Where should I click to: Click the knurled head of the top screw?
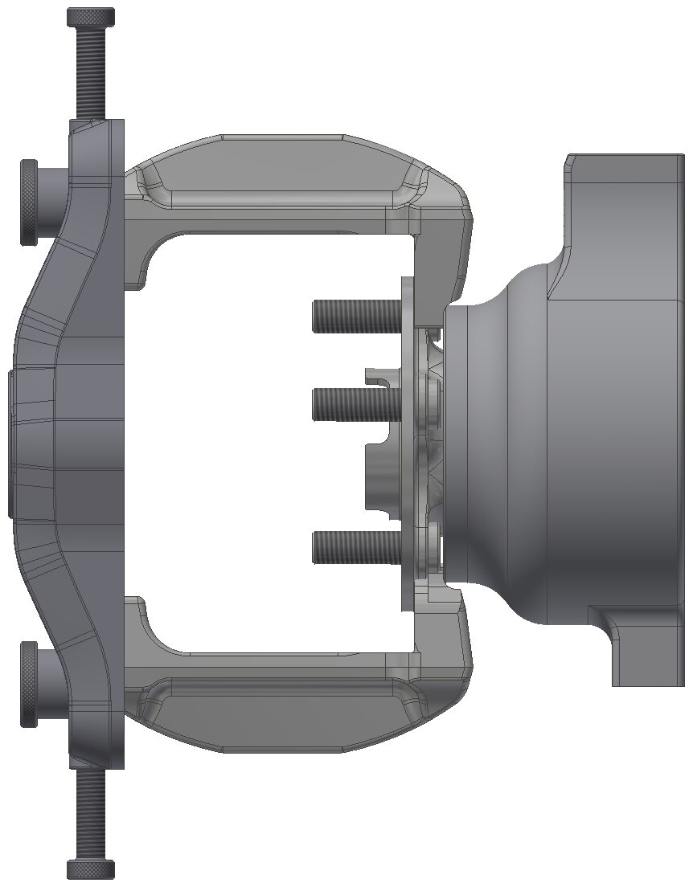coord(91,17)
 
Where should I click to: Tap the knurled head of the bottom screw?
coord(91,869)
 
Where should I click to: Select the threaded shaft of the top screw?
coord(91,72)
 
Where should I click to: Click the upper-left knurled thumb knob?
coord(30,202)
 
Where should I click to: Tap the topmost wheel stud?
coord(354,315)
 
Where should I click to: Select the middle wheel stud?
coord(354,403)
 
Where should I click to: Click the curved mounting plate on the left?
coord(72,442)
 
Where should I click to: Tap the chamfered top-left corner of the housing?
coord(568,165)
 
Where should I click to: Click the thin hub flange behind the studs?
coord(408,450)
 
